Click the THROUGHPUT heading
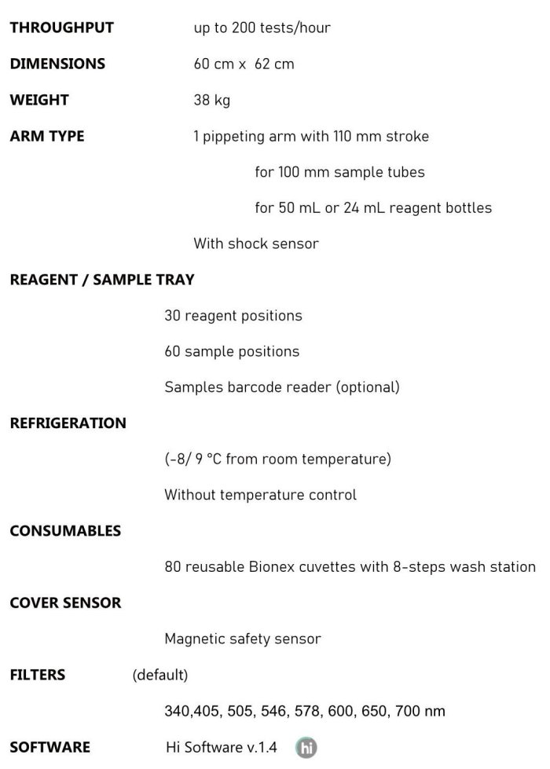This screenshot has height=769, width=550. pyautogui.click(x=61, y=27)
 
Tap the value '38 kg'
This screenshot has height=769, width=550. pyautogui.click(x=211, y=100)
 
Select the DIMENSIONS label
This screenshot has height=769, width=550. pyautogui.click(x=57, y=64)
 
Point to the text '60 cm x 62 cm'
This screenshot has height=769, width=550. pyautogui.click(x=244, y=64)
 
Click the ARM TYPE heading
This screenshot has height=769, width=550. pyautogui.click(x=47, y=136)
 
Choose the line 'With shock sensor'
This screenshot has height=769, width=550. pyautogui.click(x=256, y=244)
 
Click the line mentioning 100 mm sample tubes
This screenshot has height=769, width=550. pyautogui.click(x=339, y=172)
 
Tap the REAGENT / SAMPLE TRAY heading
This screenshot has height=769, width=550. pyautogui.click(x=102, y=280)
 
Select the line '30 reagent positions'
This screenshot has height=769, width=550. pyautogui.click(x=233, y=316)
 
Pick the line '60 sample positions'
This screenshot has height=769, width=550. pyautogui.click(x=232, y=351)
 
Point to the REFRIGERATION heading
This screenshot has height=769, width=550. pyautogui.click(x=68, y=423)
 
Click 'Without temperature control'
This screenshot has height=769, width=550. pyautogui.click(x=260, y=495)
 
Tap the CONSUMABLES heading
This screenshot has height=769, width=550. pyautogui.click(x=65, y=531)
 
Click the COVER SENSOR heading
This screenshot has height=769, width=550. pyautogui.click(x=65, y=603)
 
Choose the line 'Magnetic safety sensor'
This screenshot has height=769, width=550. pyautogui.click(x=243, y=639)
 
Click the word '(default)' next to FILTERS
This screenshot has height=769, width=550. pyautogui.click(x=160, y=675)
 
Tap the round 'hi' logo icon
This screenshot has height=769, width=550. pyautogui.click(x=306, y=748)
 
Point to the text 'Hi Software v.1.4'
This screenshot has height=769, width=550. pyautogui.click(x=222, y=747)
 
